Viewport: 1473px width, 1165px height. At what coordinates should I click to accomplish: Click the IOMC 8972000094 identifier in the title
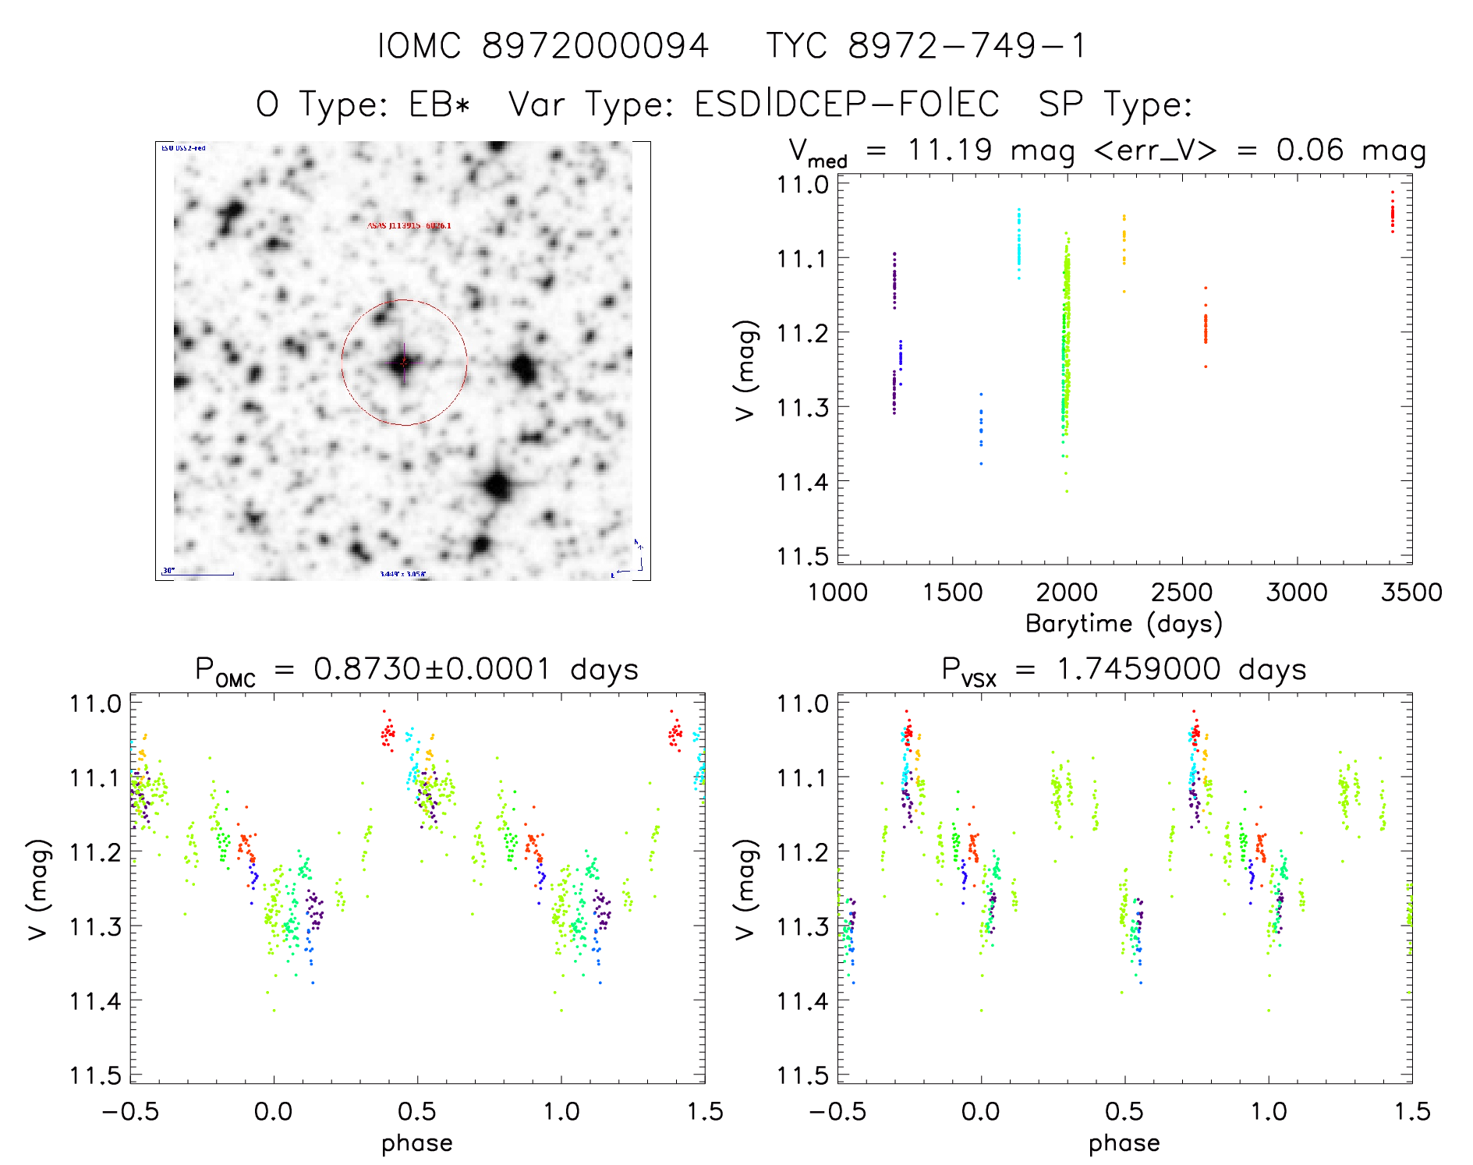(x=544, y=46)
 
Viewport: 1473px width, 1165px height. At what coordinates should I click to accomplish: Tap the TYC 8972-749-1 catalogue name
(x=926, y=46)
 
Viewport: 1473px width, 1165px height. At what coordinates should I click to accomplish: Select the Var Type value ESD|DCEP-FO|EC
(x=847, y=104)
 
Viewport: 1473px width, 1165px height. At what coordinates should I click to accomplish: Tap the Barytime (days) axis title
(x=1124, y=624)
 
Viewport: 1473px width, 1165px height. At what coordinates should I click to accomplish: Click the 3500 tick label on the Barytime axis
(x=1411, y=593)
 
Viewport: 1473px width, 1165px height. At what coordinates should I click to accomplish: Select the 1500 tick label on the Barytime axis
(x=952, y=593)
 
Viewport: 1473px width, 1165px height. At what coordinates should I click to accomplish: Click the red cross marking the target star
(x=403, y=362)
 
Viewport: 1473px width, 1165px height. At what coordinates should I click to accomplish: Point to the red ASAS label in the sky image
(x=409, y=225)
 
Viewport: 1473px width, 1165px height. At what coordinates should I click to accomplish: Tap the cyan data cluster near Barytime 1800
(x=1018, y=246)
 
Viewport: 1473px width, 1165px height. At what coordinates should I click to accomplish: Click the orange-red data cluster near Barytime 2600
(x=1205, y=328)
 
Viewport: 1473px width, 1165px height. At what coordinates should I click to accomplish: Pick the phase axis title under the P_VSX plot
(x=1124, y=1143)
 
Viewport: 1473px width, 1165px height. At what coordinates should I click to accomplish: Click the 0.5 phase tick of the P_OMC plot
(x=417, y=1111)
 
